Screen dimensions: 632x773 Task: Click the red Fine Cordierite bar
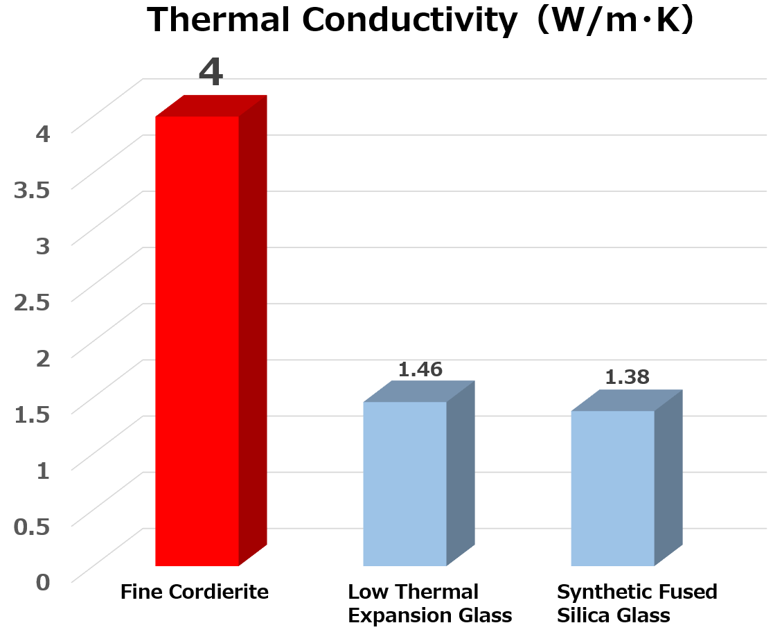(x=197, y=340)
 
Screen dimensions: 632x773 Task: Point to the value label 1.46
(x=420, y=369)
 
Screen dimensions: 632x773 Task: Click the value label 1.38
(x=627, y=377)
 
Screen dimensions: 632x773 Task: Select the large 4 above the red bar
(x=211, y=73)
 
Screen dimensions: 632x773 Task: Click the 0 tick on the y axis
(x=43, y=581)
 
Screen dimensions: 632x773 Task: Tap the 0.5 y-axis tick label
(x=33, y=526)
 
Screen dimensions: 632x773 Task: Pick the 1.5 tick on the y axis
(x=33, y=413)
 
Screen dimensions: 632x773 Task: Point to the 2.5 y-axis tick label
(x=33, y=301)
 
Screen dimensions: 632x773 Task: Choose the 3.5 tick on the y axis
(x=33, y=189)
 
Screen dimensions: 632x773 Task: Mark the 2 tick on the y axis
(x=43, y=358)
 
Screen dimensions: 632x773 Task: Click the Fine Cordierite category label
(x=195, y=592)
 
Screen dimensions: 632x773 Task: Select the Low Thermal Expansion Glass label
(x=429, y=604)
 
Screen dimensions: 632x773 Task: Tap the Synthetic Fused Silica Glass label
(x=637, y=604)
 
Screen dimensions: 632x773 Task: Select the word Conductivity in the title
(x=409, y=21)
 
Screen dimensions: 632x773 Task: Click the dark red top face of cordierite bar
(x=211, y=106)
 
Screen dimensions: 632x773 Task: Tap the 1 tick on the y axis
(x=43, y=470)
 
